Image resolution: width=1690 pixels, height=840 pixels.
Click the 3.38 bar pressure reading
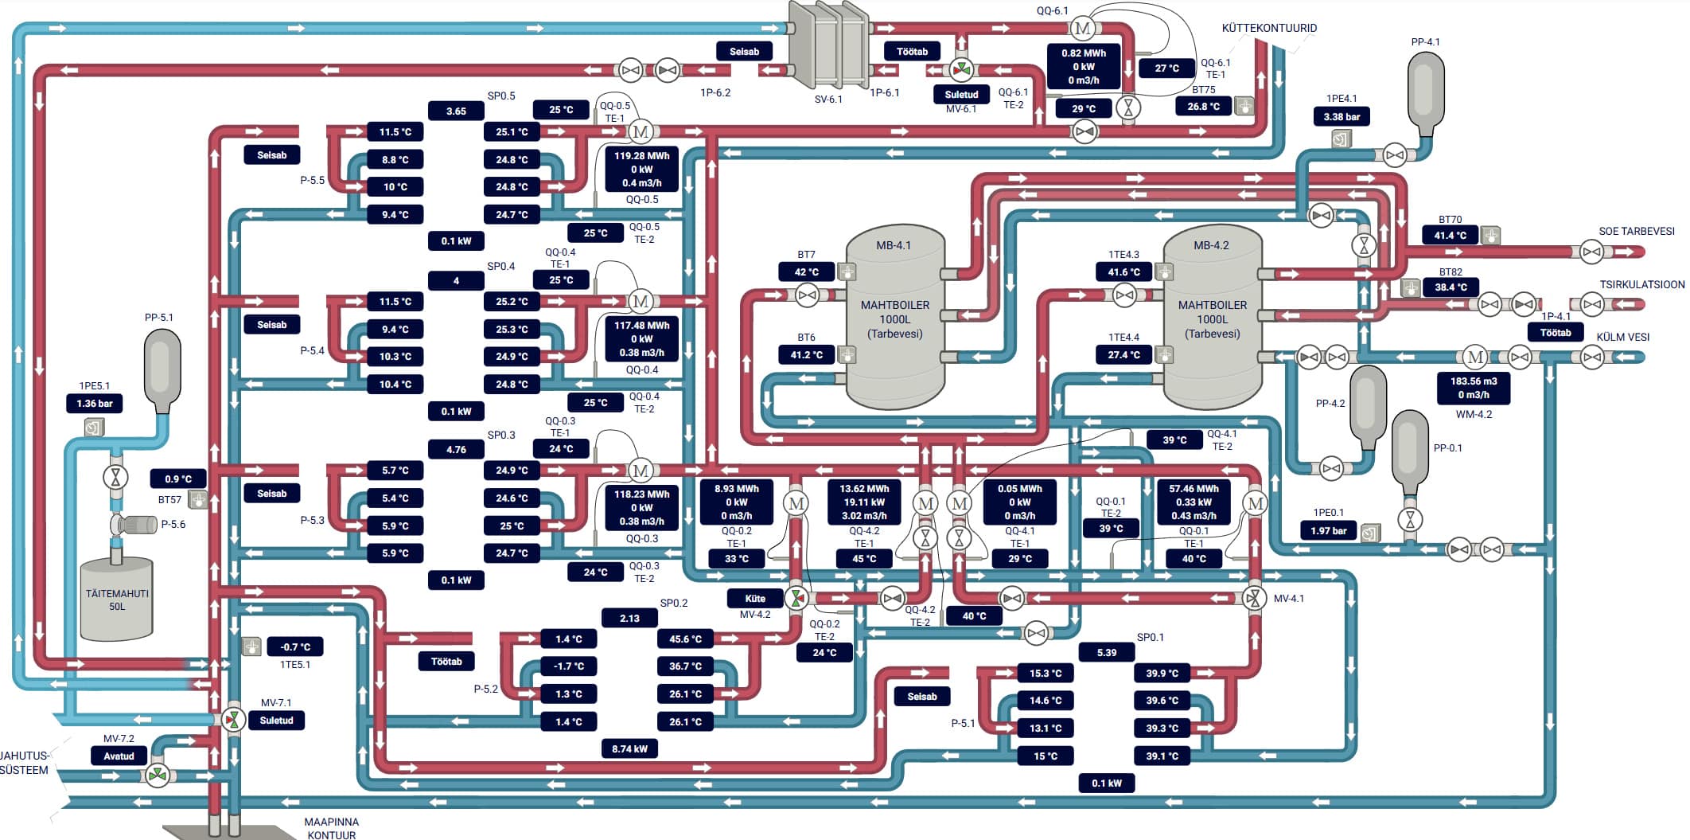(x=1341, y=117)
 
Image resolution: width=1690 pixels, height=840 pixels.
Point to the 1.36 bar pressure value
(x=95, y=404)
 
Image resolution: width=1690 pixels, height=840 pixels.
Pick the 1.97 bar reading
(x=1329, y=530)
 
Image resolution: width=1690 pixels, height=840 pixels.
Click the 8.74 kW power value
(x=629, y=749)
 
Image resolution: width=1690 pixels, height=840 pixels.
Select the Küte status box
(x=755, y=599)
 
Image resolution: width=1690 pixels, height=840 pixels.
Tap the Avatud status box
(x=119, y=756)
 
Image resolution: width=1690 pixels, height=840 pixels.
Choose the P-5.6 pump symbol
(x=134, y=525)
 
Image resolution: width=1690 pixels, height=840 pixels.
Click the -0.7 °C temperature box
(x=295, y=647)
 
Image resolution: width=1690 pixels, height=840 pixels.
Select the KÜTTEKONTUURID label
(x=1269, y=28)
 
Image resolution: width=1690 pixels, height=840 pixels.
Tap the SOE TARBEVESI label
(x=1637, y=232)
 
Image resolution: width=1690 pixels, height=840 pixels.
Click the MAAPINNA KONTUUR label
(x=332, y=828)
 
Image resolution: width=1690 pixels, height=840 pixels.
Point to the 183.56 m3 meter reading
(x=1474, y=381)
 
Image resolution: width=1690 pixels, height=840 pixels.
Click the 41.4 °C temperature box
(x=1450, y=236)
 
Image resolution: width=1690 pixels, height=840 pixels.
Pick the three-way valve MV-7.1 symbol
(x=233, y=720)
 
